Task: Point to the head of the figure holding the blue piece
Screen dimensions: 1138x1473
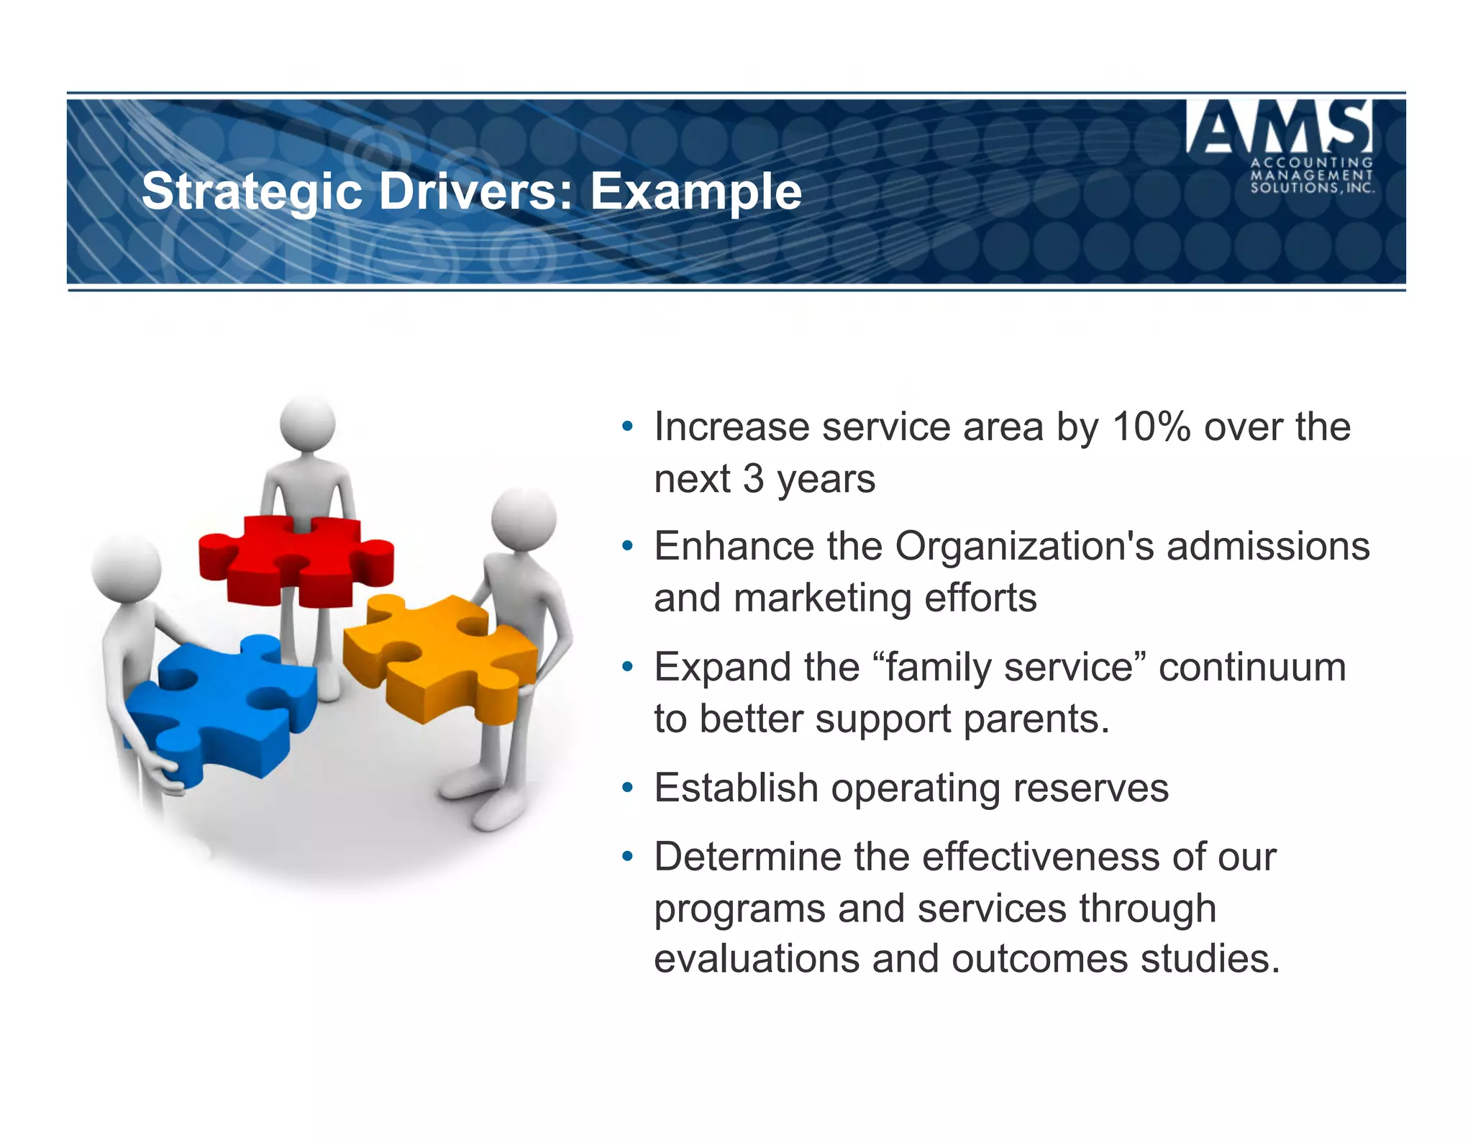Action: point(126,568)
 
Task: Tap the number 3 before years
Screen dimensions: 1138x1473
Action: point(753,478)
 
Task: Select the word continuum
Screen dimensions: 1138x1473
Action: point(1252,667)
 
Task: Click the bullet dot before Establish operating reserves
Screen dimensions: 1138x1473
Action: point(628,788)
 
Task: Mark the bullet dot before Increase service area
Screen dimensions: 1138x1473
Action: point(628,427)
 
